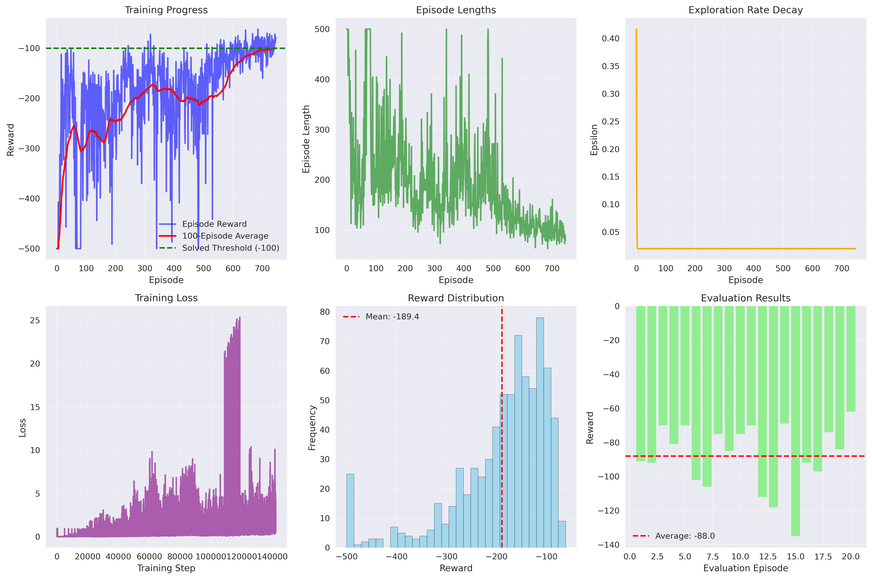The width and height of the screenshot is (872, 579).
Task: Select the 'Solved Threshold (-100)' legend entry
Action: coord(230,248)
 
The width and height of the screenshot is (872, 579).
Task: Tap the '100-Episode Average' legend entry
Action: coord(225,236)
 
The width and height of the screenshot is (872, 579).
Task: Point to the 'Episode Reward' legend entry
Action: coord(214,224)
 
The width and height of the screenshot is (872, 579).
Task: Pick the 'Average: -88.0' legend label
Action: coord(685,536)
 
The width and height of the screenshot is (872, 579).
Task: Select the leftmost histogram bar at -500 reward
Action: coord(350,510)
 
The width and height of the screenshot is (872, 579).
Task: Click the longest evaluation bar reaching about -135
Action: coord(795,421)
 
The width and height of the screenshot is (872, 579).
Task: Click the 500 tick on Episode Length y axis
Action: coord(322,29)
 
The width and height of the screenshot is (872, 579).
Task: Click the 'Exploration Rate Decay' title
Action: coord(745,10)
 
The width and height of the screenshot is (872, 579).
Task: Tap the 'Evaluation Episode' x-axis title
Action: coord(745,568)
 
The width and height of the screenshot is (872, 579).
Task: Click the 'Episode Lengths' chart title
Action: coord(456,10)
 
